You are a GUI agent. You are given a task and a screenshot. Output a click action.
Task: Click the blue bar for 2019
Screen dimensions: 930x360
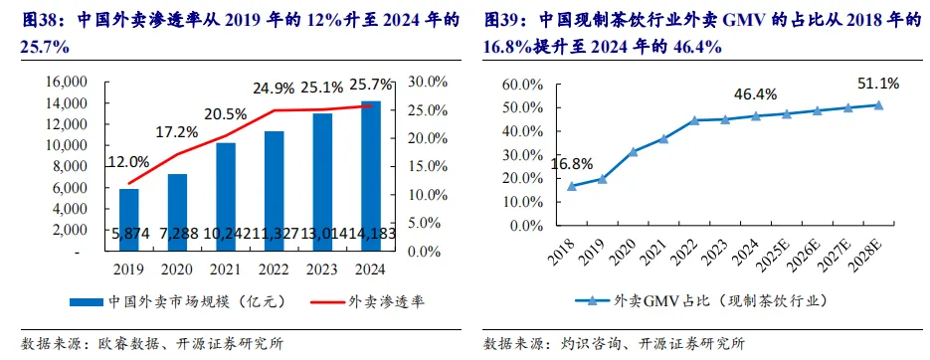[x=128, y=220]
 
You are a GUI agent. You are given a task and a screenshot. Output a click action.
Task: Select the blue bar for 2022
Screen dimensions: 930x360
[x=275, y=192]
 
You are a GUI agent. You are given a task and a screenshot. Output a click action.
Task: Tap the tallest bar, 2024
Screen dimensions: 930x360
[x=371, y=176]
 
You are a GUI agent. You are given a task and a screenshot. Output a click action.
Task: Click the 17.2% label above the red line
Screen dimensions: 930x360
[x=178, y=132]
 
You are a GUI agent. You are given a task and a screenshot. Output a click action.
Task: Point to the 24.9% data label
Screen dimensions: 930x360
[x=274, y=89]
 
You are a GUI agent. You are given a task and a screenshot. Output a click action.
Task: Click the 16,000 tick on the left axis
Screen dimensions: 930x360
[x=67, y=82]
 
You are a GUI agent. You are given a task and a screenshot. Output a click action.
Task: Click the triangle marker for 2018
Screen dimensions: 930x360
[x=571, y=186]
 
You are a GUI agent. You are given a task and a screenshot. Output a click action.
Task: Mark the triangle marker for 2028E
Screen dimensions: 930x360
[x=878, y=105]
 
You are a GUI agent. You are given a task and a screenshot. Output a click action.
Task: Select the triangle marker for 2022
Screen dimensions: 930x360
[x=694, y=119]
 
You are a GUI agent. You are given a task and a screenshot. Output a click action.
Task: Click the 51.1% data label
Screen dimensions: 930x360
[x=878, y=83]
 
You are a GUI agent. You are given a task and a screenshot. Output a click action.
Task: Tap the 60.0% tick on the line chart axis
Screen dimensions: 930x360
[x=522, y=85]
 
